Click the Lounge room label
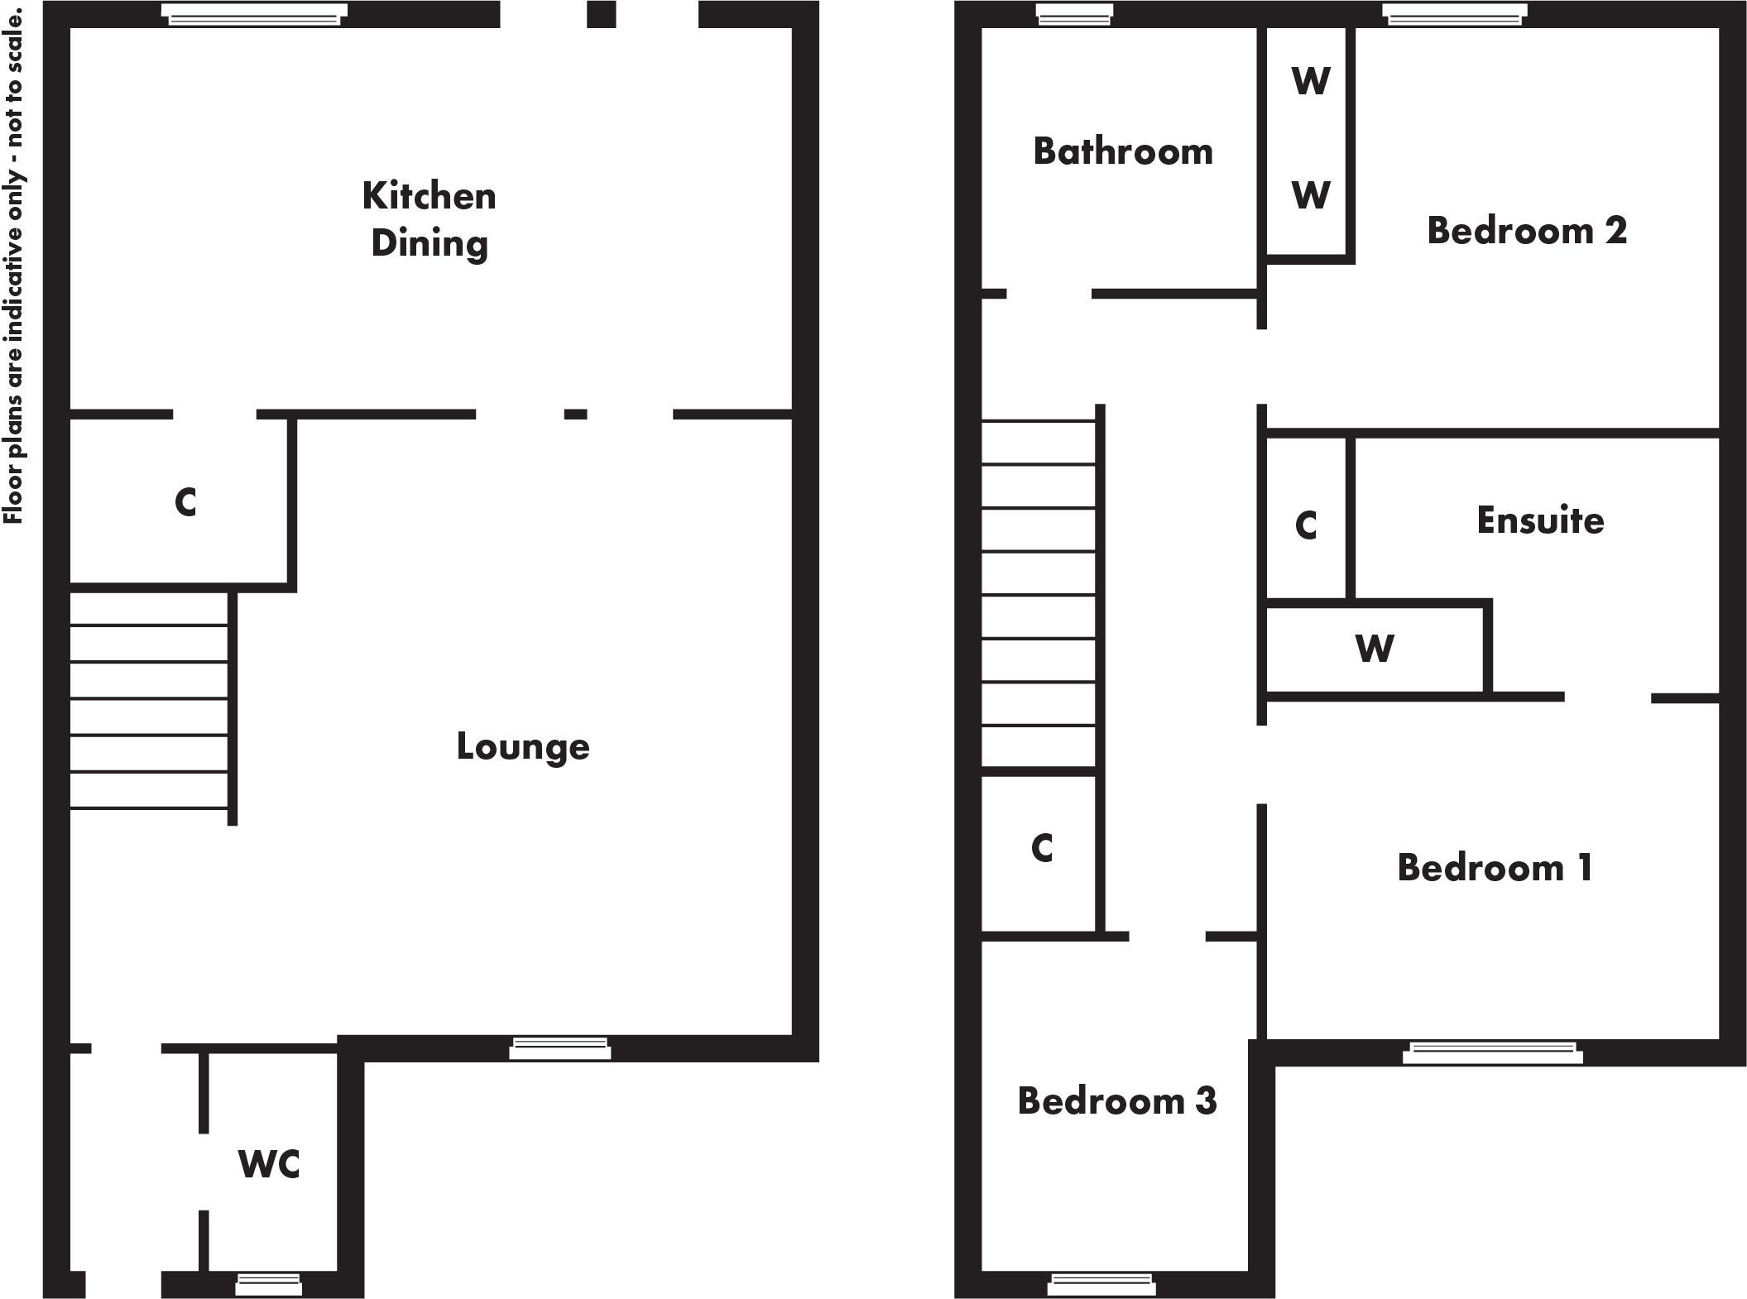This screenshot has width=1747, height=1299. [x=523, y=747]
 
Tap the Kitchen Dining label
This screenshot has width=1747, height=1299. [x=430, y=219]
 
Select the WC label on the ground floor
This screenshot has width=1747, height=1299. [x=269, y=1164]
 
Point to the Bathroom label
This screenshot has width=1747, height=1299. [x=1123, y=151]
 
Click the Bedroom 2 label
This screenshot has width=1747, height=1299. [x=1527, y=230]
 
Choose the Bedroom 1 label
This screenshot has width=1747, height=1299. [x=1495, y=868]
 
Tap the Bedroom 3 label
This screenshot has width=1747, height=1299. [x=1117, y=1101]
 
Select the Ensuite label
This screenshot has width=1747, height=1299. [x=1540, y=520]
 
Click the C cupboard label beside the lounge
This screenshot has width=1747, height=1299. [x=185, y=502]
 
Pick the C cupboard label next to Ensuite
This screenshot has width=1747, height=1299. [x=1306, y=525]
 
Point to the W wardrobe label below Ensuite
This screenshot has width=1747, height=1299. [x=1375, y=648]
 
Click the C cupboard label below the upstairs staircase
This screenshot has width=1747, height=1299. [x=1042, y=848]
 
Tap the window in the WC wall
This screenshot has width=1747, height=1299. [x=269, y=1284]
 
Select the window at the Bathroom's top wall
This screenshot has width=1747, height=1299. [x=1073, y=14]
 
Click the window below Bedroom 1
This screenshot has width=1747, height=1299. [x=1493, y=1052]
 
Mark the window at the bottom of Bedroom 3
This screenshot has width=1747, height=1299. [x=1101, y=1284]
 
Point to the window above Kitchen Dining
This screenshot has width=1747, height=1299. [x=254, y=14]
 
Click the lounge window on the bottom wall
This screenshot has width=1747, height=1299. [x=559, y=1048]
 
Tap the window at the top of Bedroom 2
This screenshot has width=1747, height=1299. [x=1454, y=14]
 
